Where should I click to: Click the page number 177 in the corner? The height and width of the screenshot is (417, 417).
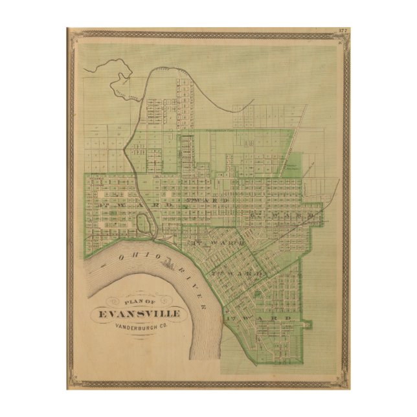[x=345, y=30]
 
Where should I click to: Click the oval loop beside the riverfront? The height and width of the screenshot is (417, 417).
[x=145, y=224]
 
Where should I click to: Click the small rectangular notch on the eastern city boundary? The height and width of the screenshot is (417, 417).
[x=308, y=323]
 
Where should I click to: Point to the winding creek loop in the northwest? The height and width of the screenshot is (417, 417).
[x=122, y=81]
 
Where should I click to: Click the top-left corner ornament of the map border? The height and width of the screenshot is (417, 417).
[x=71, y=33]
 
